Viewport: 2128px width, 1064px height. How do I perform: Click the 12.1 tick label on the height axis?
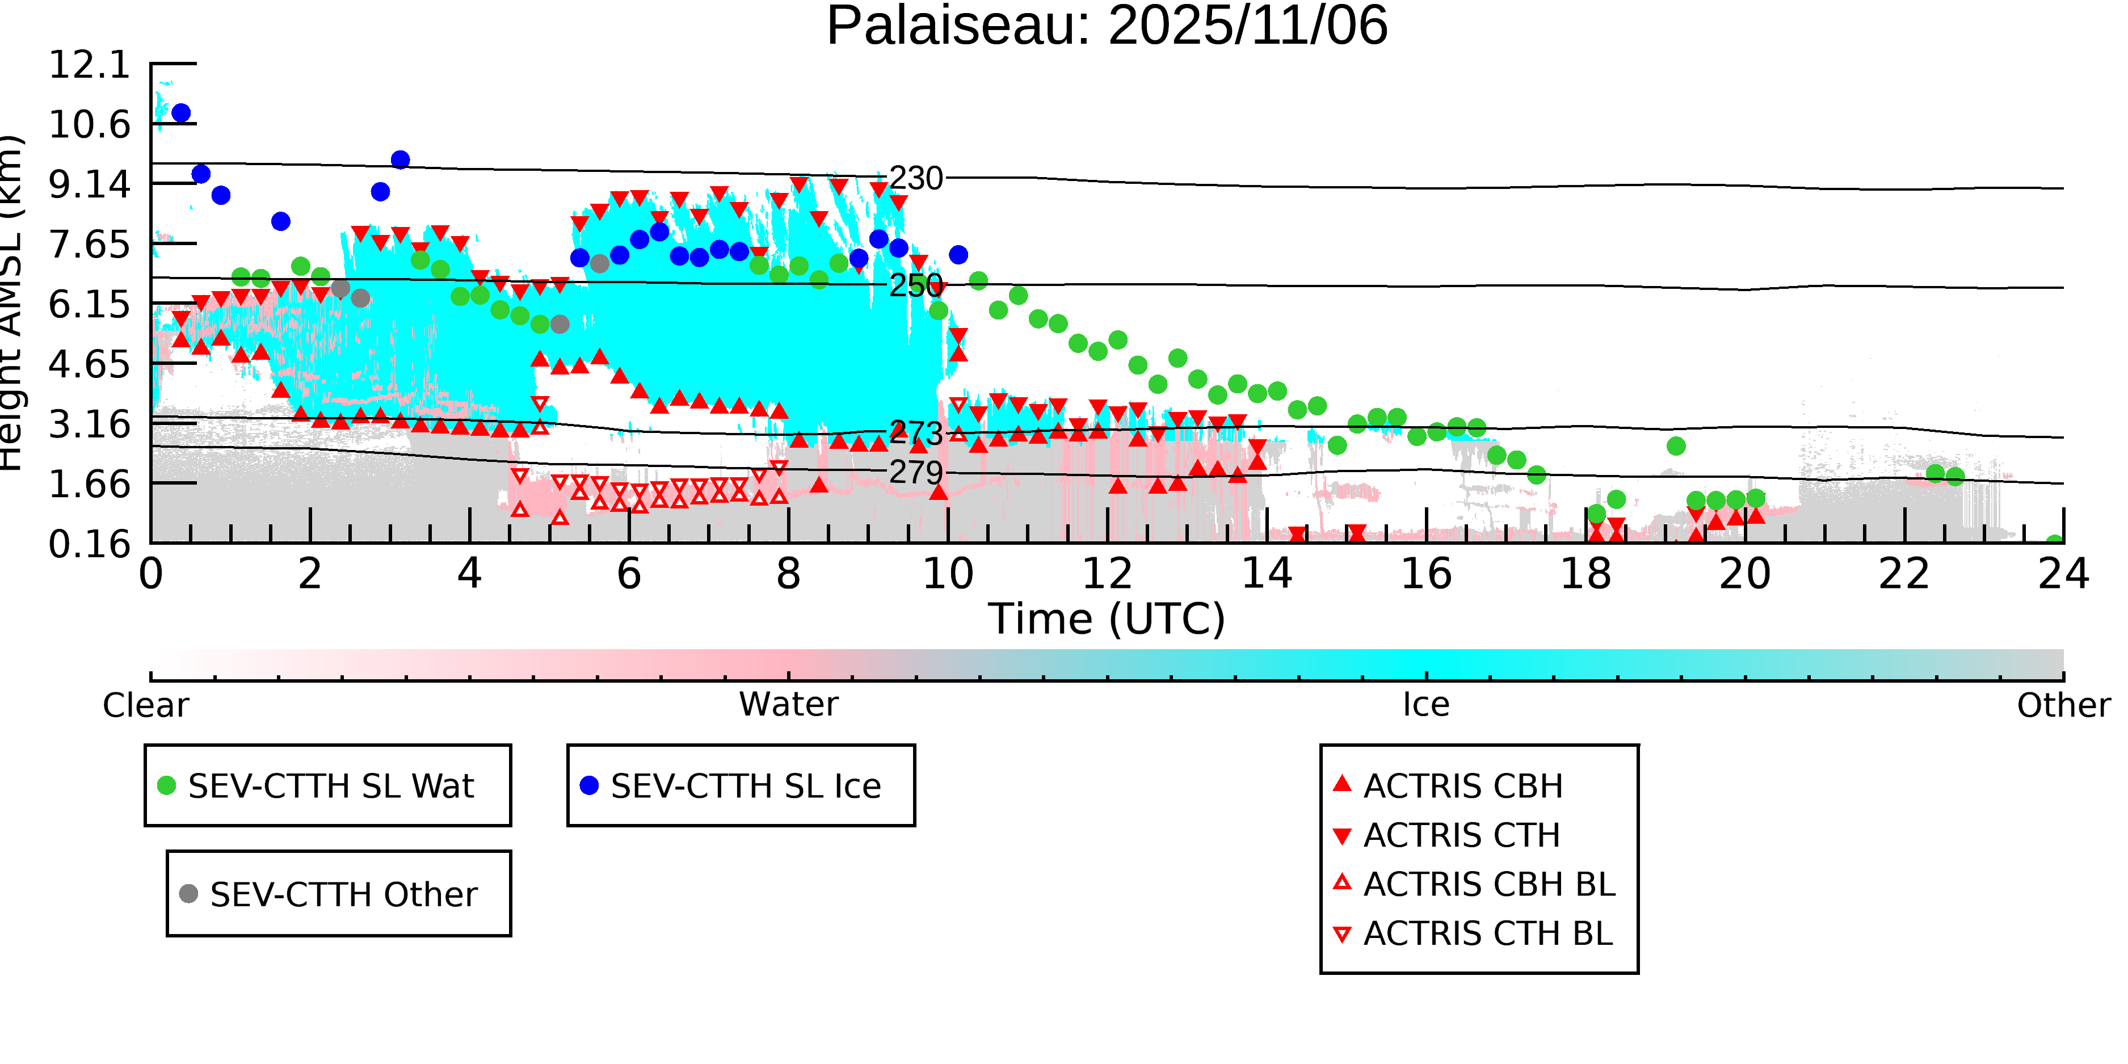coord(89,65)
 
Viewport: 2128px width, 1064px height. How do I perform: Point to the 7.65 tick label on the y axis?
coord(89,245)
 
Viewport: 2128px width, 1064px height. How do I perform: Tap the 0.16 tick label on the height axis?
coord(89,544)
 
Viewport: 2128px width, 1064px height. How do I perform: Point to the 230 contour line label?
coord(915,178)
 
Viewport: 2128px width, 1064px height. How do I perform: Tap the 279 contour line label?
coord(915,473)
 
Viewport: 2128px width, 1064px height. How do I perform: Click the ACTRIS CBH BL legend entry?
coord(1488,885)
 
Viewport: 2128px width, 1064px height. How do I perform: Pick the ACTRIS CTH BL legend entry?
coord(1487,934)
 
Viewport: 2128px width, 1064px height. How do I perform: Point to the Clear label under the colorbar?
coord(145,705)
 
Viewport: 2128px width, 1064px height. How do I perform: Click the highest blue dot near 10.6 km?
coord(181,113)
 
